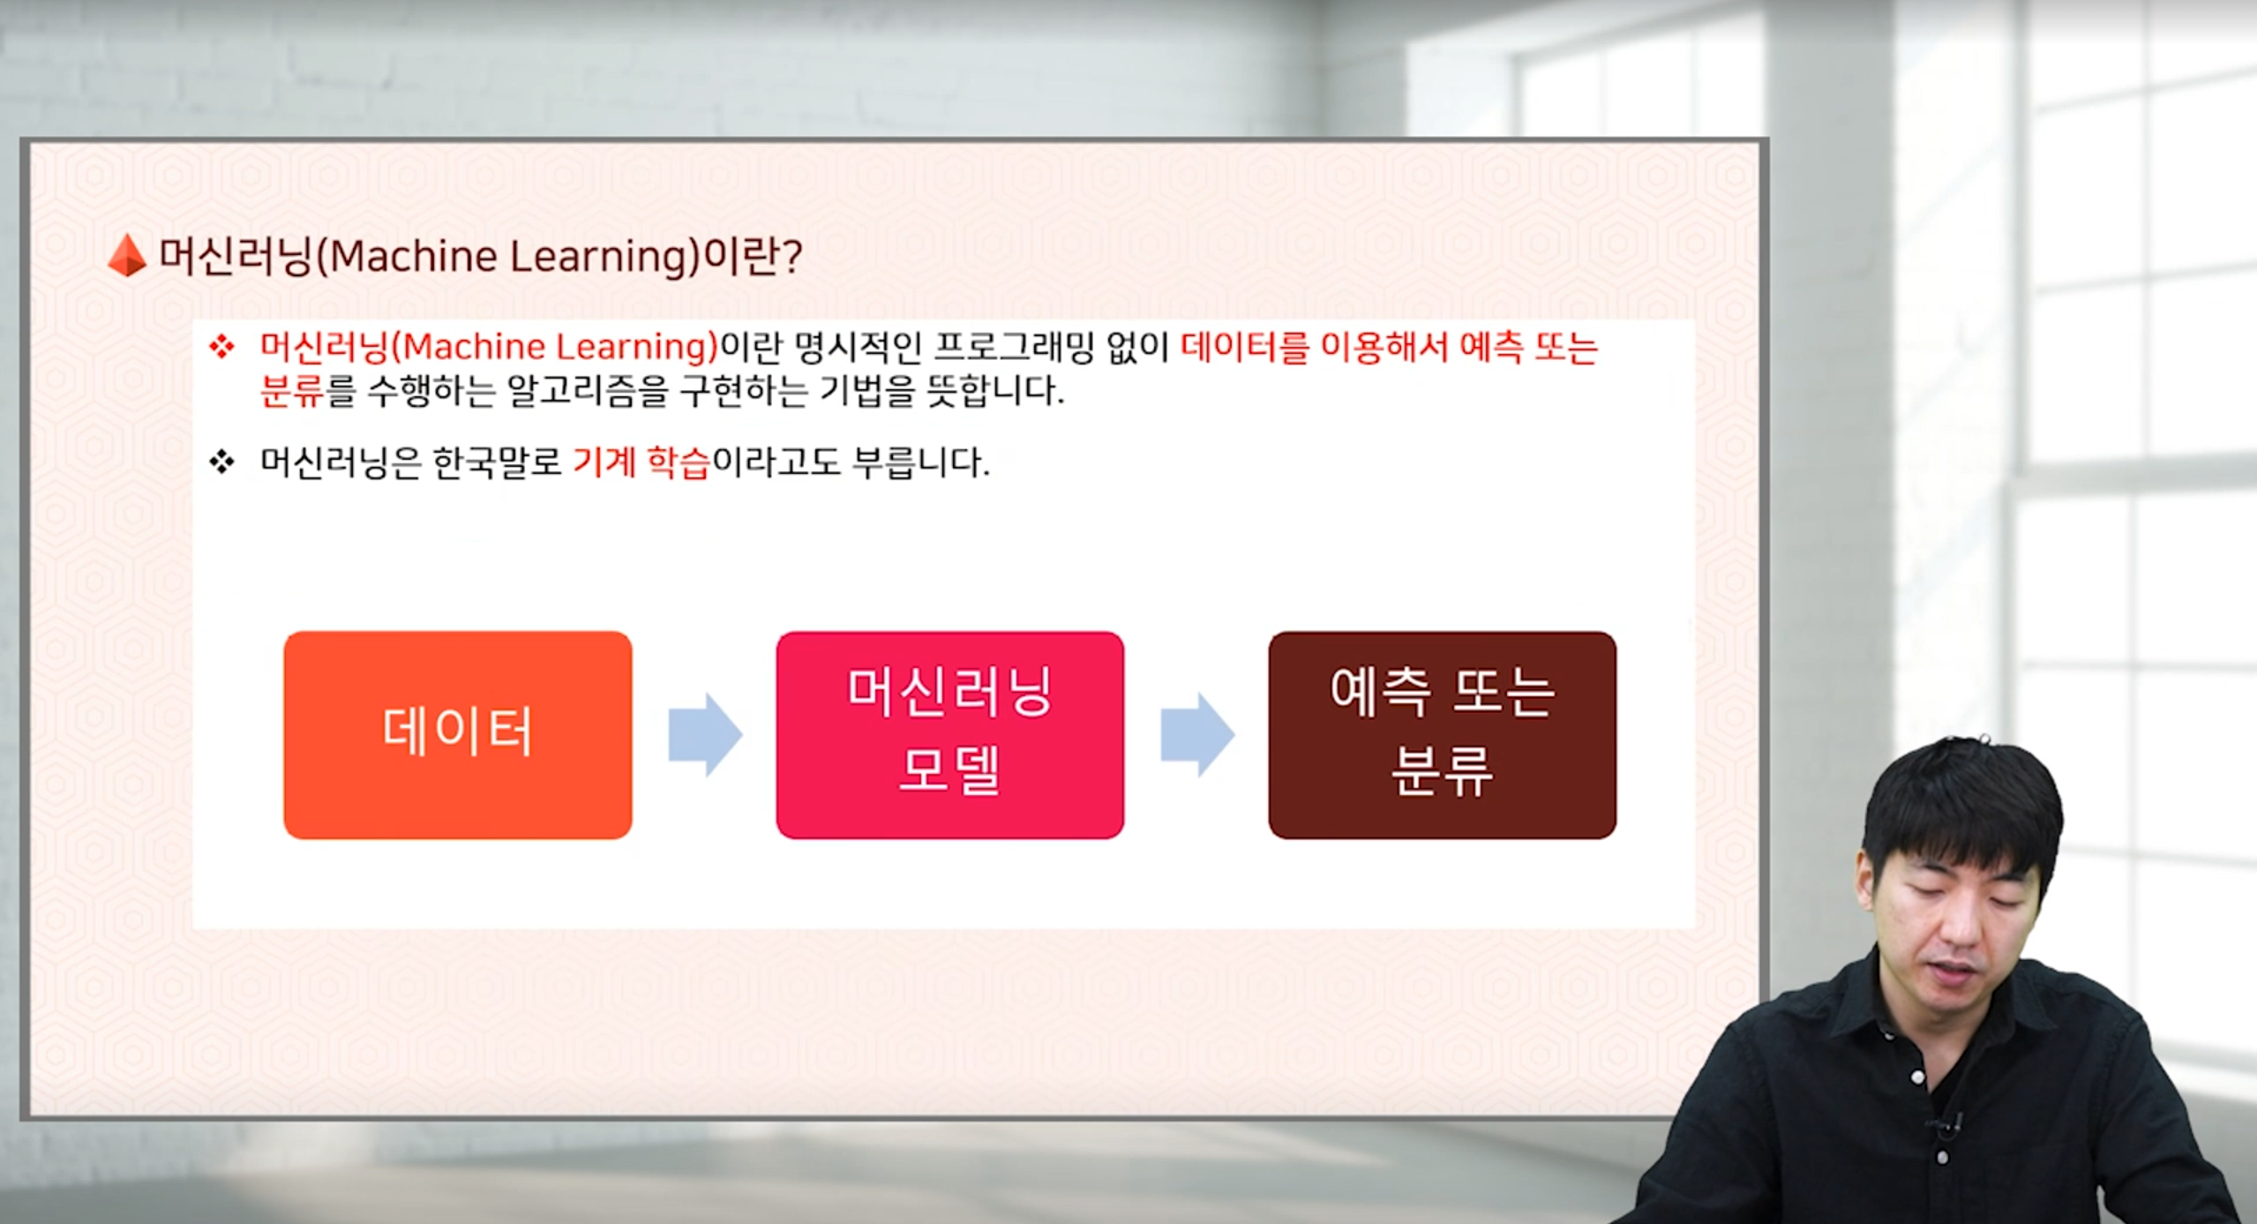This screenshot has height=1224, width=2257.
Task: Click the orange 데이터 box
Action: pos(458,734)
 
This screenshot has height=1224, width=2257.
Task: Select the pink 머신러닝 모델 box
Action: pos(950,734)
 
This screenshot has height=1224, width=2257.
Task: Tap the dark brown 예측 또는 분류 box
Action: pos(1443,734)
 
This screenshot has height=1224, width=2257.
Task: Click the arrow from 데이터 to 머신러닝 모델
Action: pos(705,734)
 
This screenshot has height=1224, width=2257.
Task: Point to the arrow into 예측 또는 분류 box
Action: pos(1196,734)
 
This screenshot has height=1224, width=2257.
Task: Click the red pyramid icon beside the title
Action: pos(127,255)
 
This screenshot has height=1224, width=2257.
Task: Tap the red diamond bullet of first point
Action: pos(221,347)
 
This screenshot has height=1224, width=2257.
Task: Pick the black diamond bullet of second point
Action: pos(221,462)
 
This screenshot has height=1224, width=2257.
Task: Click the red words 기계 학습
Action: pos(641,462)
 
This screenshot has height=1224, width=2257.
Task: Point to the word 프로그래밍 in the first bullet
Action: pos(1014,347)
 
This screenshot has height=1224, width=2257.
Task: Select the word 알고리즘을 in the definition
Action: pos(588,391)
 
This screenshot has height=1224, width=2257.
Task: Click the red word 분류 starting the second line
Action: pos(292,391)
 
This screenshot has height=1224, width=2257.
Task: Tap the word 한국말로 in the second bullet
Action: pos(498,462)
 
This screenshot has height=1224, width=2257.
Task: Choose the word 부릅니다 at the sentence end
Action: pos(920,462)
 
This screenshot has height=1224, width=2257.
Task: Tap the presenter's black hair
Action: pos(1963,807)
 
